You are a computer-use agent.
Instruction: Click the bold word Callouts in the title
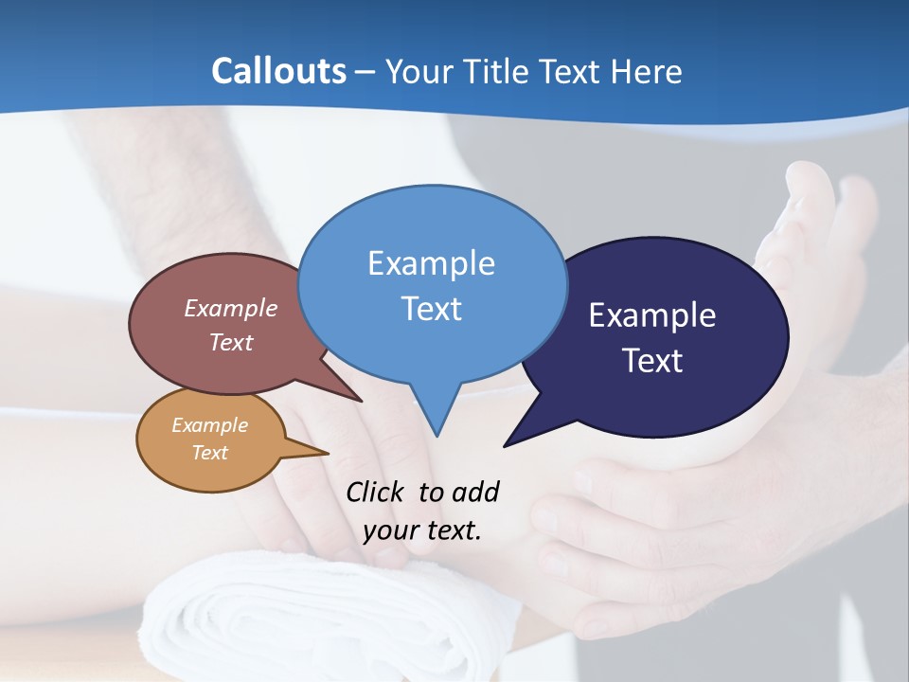pos(278,71)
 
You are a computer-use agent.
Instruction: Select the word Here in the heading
pos(647,71)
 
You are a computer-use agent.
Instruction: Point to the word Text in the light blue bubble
pos(431,308)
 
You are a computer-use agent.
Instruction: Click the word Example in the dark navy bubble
pos(652,315)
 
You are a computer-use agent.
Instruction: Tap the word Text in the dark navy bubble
pos(652,361)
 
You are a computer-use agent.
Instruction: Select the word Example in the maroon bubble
pos(231,308)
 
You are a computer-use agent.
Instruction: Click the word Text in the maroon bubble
pos(231,342)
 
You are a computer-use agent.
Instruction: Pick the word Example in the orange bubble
pos(210,425)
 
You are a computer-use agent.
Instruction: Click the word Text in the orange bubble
pos(210,453)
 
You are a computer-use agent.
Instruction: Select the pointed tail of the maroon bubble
pos(360,400)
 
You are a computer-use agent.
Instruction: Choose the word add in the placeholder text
pos(474,492)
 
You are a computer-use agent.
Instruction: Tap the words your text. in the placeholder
pos(422,530)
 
